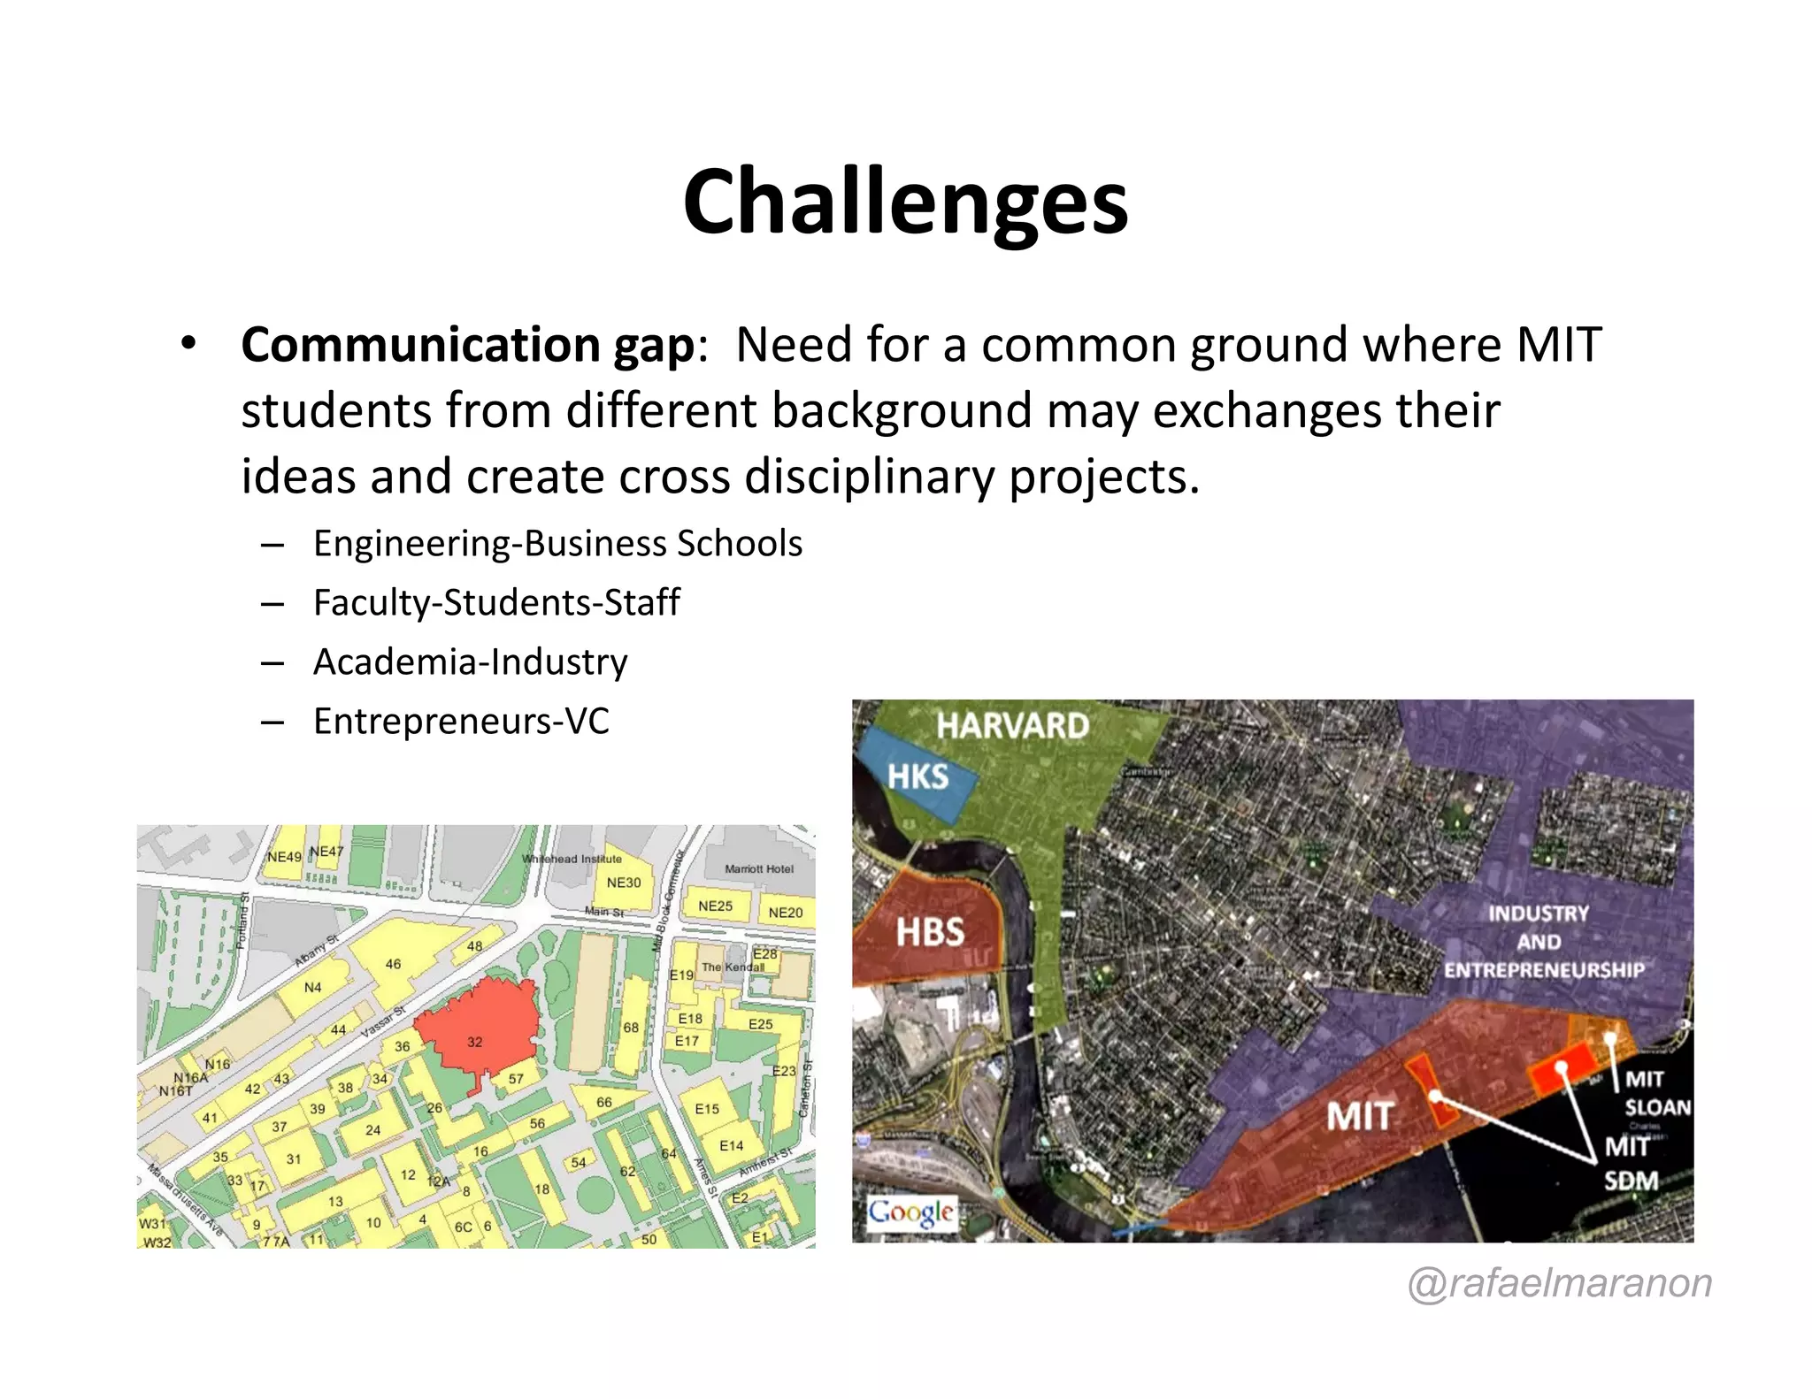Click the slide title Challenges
tap(905, 202)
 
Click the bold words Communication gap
tap(467, 345)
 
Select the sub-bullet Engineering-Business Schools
tap(557, 543)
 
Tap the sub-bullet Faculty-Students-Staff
tap(496, 602)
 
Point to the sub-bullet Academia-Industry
tap(470, 661)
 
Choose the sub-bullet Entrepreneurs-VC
tap(461, 721)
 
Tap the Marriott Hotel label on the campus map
tap(758, 868)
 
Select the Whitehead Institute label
tap(572, 859)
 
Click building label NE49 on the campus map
tap(284, 857)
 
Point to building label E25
tap(760, 1024)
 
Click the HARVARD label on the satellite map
tap(1012, 726)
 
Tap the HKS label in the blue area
tap(918, 777)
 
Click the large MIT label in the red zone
tap(1359, 1116)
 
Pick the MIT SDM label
tap(1631, 1164)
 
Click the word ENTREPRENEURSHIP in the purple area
tap(1544, 970)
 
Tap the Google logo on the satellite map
tap(910, 1212)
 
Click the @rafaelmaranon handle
tap(1560, 1282)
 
